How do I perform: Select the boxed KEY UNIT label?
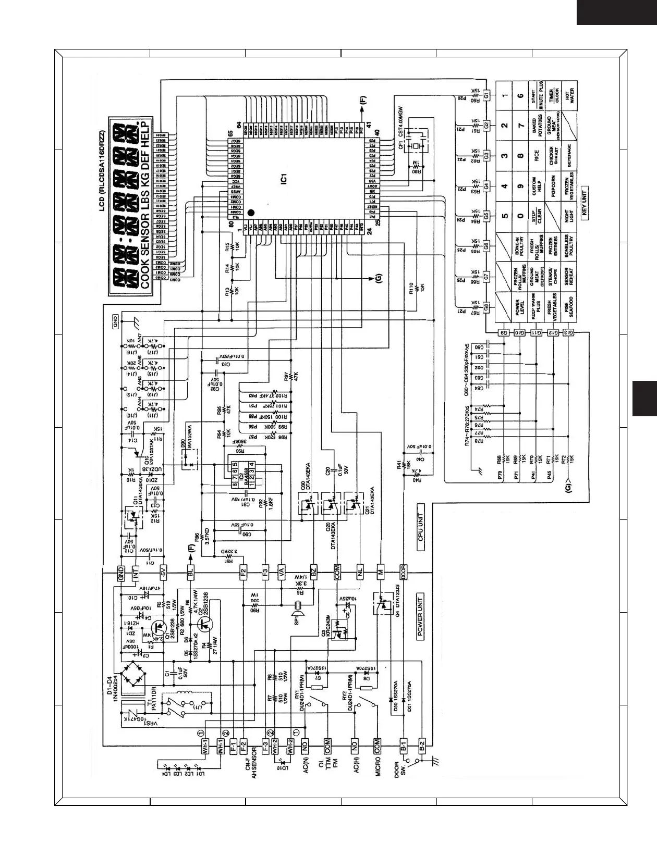(585, 202)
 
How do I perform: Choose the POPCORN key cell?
(554, 187)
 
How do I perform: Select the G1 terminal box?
(486, 95)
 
